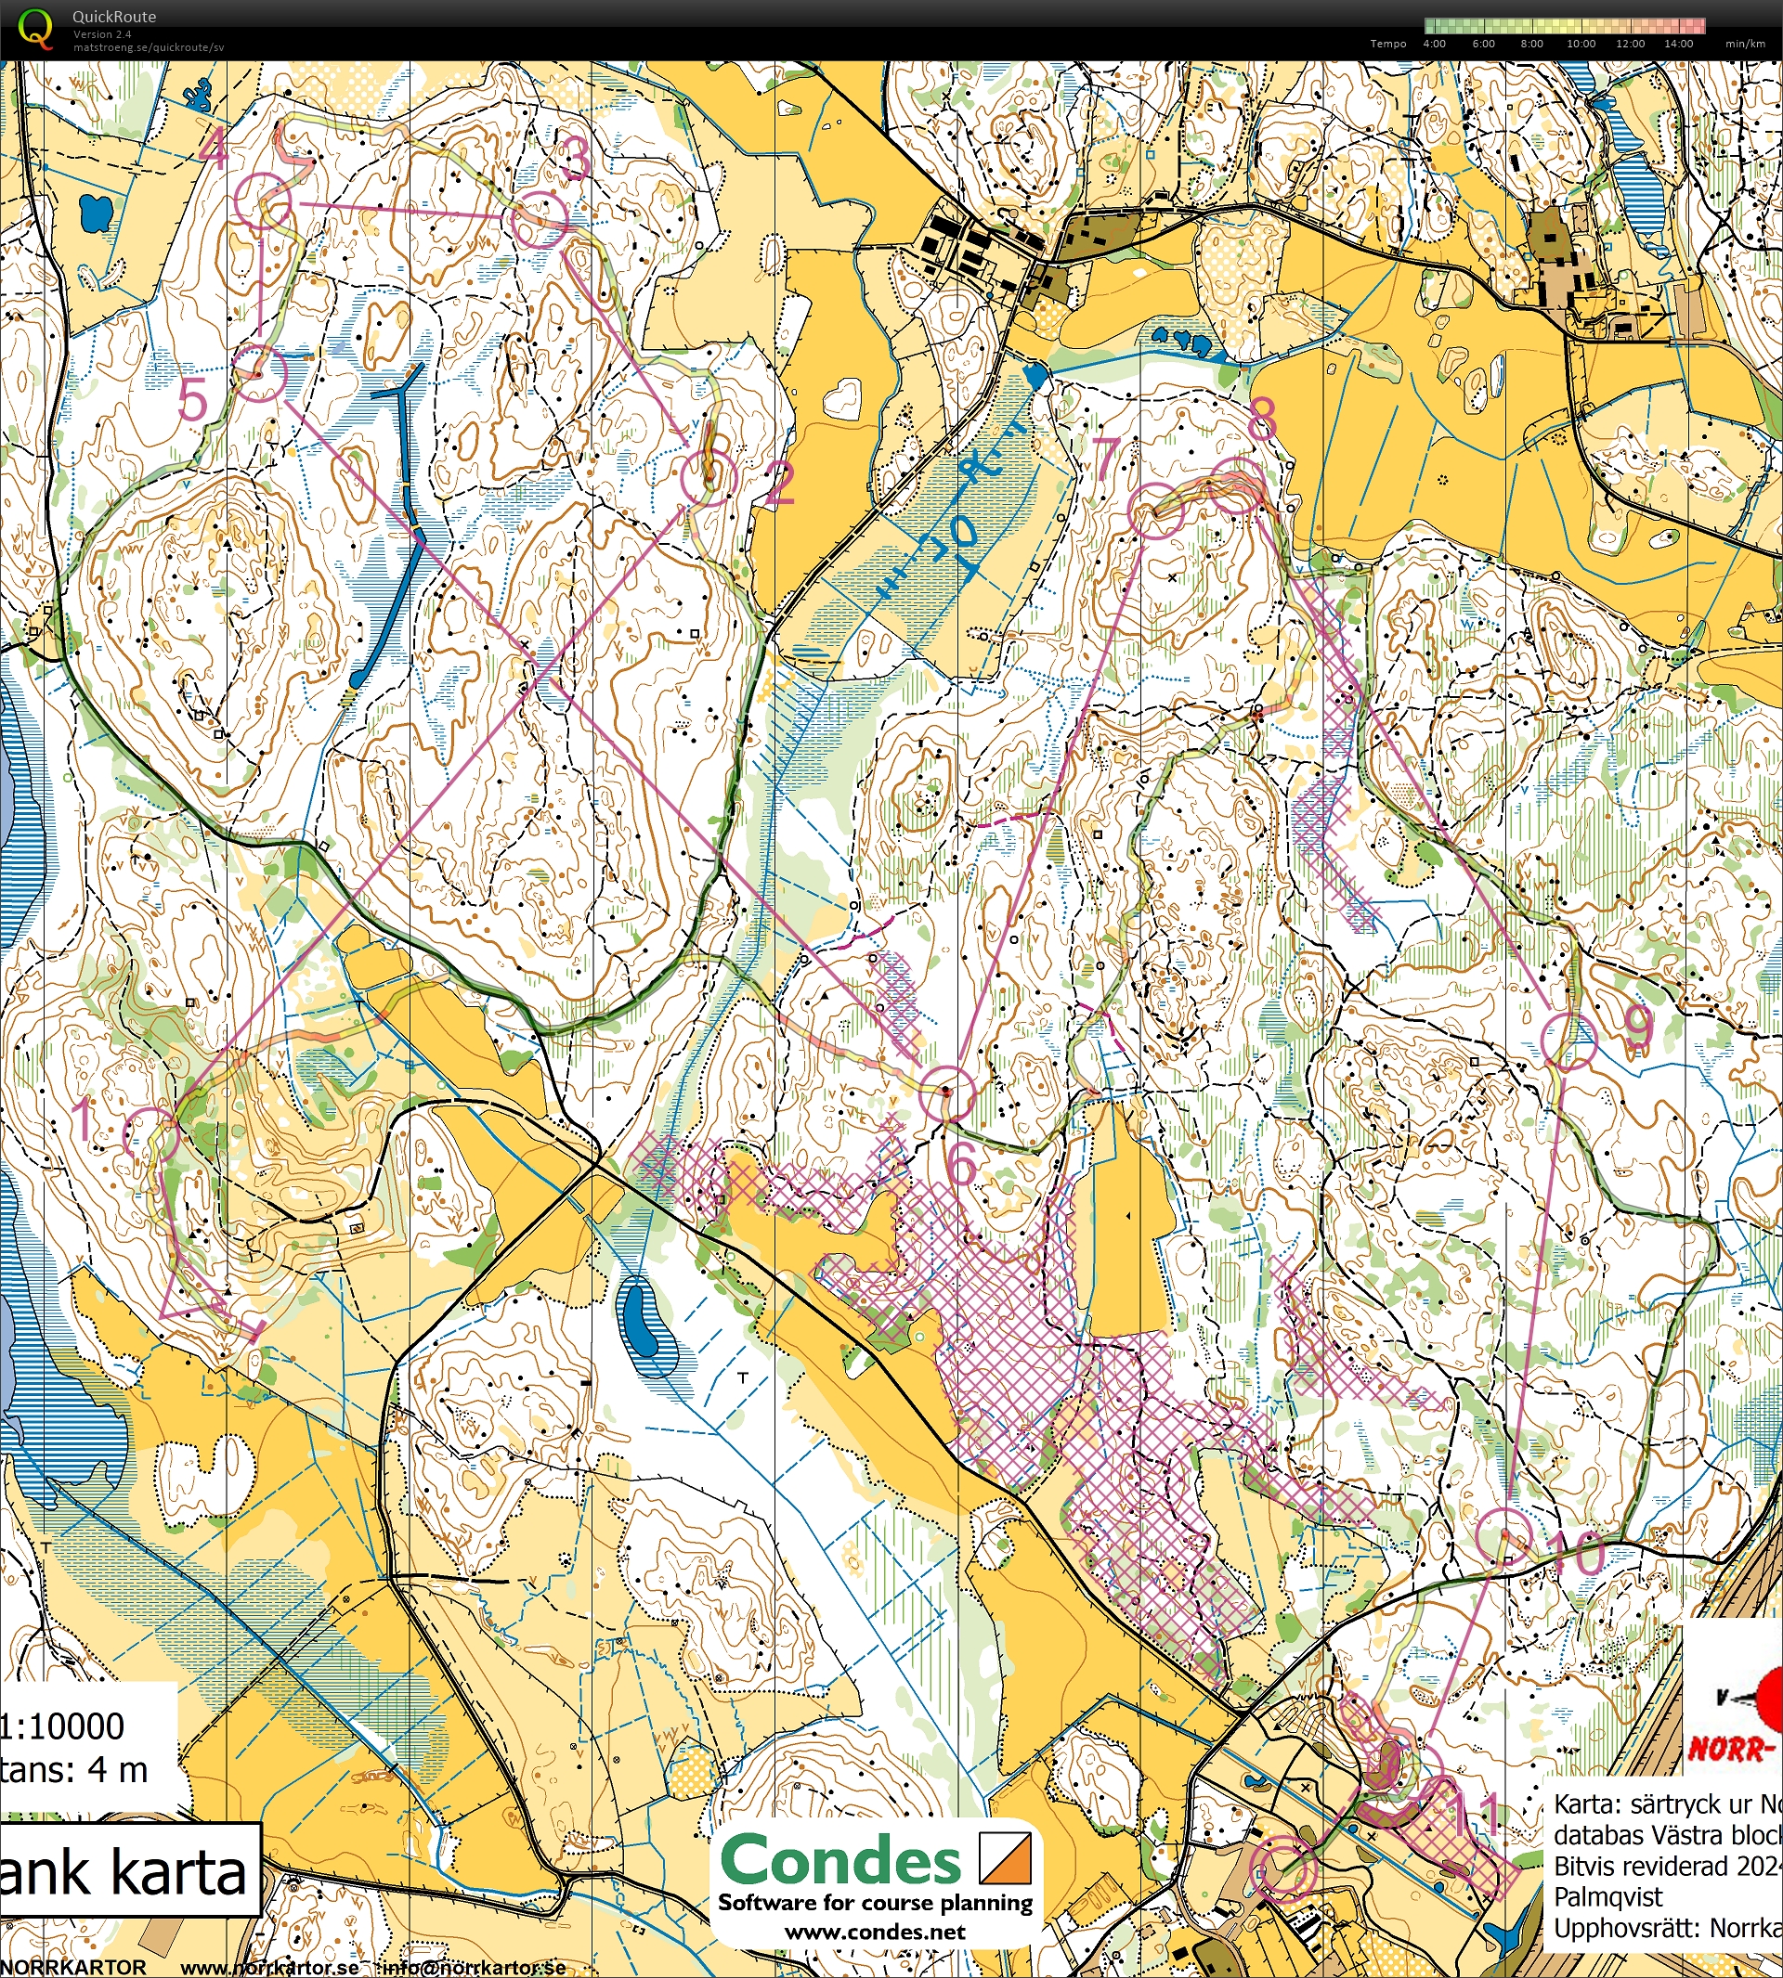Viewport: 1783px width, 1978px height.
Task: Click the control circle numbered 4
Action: [x=264, y=201]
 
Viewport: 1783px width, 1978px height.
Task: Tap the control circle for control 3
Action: [x=539, y=219]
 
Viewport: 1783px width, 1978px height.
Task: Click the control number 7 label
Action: [x=1106, y=457]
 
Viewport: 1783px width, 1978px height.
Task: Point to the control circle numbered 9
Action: [x=1569, y=1040]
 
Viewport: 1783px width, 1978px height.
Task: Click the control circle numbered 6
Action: [x=947, y=1093]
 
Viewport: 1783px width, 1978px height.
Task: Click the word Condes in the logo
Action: [x=841, y=1859]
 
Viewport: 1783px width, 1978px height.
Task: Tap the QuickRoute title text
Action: [x=113, y=17]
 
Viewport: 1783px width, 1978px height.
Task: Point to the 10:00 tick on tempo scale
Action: [x=1581, y=44]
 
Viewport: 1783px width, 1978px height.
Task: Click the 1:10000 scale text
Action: [x=63, y=1726]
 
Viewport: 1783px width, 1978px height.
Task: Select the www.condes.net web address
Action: [x=875, y=1932]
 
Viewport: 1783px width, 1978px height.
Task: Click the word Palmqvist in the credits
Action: [x=1608, y=1896]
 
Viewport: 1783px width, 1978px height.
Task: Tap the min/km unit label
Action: [x=1745, y=44]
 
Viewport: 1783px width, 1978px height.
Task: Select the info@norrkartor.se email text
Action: [x=475, y=1966]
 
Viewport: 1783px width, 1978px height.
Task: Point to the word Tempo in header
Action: [x=1388, y=44]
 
